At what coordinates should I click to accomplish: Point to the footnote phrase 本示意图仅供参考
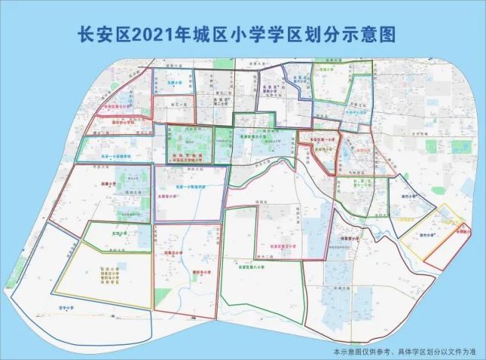(x=371, y=352)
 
